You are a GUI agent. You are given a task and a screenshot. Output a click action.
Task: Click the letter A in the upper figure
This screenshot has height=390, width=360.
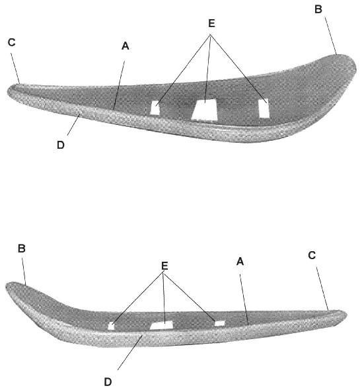coord(126,46)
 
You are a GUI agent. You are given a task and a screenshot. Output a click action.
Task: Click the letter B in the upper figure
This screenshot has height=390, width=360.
coord(318,9)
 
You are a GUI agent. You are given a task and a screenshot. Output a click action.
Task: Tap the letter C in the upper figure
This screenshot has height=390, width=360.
coord(12,42)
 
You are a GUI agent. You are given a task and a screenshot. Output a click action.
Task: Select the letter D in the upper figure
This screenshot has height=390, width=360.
coord(61,145)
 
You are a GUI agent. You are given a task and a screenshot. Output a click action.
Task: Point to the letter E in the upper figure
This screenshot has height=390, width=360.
coord(211,23)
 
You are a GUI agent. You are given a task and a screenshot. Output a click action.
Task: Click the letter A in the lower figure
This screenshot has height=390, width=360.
coord(240,261)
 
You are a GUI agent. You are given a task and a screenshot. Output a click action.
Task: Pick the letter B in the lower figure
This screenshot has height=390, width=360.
coord(22,249)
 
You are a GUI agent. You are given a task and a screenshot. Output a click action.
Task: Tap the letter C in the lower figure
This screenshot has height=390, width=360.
coord(312,255)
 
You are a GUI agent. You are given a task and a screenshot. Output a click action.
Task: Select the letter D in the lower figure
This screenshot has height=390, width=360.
coord(108,382)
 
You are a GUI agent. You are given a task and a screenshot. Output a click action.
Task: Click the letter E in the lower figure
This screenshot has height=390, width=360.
coord(164,266)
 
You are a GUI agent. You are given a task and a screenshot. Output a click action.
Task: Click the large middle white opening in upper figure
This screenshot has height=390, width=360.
coord(205,110)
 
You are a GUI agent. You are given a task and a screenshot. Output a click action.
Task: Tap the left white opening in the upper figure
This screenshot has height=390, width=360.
coord(155,108)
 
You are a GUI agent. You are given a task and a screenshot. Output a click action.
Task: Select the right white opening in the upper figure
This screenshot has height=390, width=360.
coord(264,108)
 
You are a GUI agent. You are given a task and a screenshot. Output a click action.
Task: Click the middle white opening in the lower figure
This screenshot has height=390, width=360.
coord(162,325)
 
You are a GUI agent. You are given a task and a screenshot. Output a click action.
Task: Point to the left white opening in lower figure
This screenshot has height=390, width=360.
coord(112,326)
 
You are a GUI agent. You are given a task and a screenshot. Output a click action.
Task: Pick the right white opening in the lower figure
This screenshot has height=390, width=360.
coord(219,323)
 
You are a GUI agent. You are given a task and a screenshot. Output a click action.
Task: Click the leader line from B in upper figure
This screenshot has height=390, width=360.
coord(330,36)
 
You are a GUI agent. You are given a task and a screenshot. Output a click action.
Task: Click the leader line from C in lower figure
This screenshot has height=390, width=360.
coord(322,288)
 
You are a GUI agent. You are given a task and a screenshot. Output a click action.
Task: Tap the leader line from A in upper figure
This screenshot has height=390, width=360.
coord(119,85)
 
